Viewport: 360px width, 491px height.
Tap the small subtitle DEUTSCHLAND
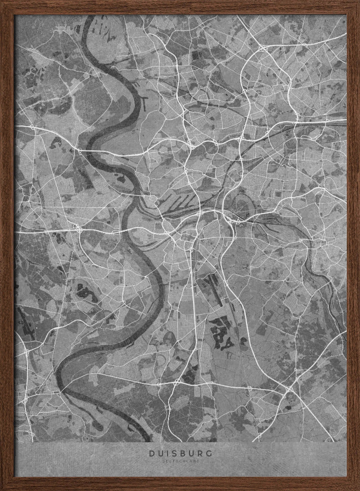[x=180, y=461]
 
